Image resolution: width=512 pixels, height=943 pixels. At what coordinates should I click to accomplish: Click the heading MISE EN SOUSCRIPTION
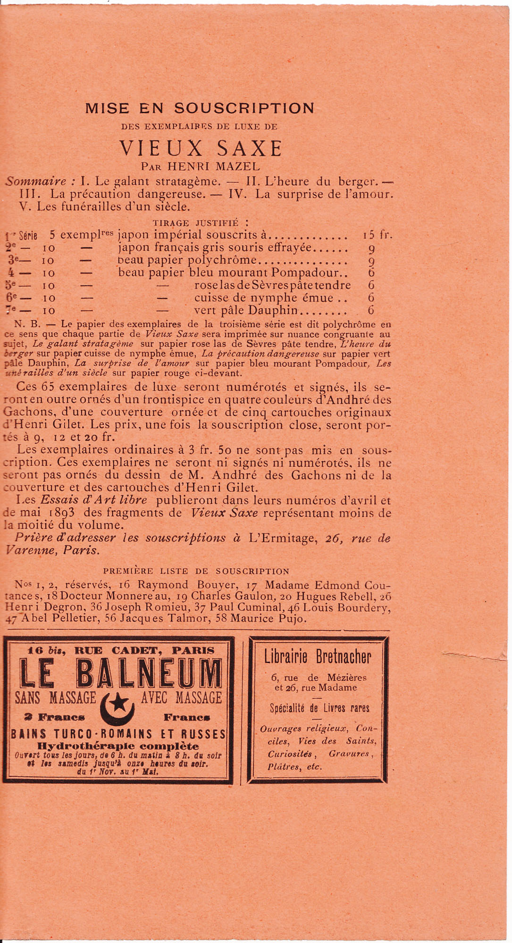point(200,108)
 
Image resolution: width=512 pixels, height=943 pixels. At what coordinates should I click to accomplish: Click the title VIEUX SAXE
point(201,149)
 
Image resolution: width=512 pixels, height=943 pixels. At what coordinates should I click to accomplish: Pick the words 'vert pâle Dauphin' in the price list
point(246,311)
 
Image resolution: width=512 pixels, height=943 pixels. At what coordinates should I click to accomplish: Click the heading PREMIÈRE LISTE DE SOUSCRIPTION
point(196,571)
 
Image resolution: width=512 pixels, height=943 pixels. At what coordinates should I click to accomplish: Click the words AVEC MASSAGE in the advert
point(181,697)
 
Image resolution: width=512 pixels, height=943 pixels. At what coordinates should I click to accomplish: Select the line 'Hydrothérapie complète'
point(118,746)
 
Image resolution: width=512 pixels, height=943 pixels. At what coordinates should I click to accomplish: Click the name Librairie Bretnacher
point(318,657)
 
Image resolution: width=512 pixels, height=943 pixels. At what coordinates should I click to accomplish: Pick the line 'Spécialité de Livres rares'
point(319,708)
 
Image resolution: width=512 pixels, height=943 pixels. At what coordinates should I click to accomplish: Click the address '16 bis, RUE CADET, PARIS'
point(120,650)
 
